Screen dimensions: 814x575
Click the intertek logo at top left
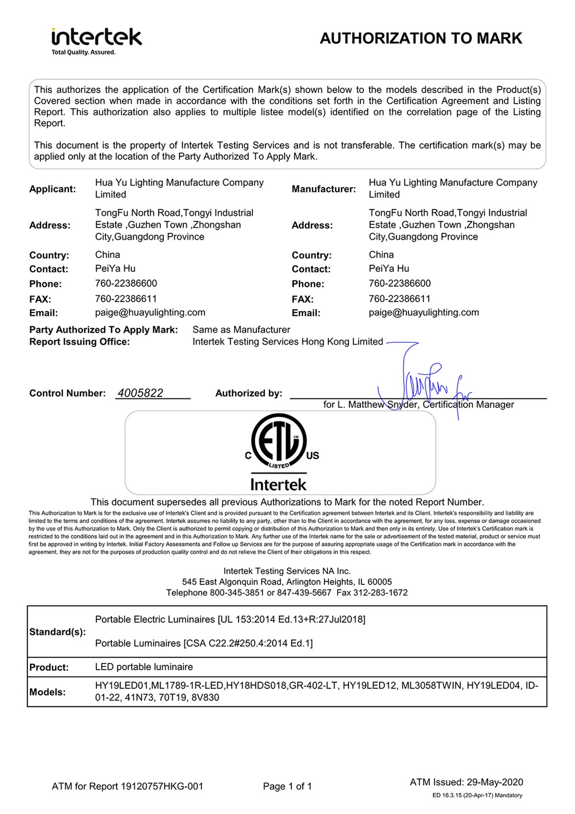pyautogui.click(x=96, y=37)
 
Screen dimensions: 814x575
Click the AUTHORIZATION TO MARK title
pyautogui.click(x=421, y=38)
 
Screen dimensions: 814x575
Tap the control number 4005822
pyautogui.click(x=140, y=393)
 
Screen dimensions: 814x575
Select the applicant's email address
pyautogui.click(x=150, y=313)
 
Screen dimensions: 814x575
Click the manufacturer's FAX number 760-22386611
pyautogui.click(x=400, y=299)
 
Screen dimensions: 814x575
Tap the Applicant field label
pyautogui.click(x=53, y=189)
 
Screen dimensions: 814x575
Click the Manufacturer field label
pyautogui.click(x=324, y=189)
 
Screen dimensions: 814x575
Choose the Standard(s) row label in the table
pyautogui.click(x=57, y=632)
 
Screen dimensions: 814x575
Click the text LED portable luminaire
pyautogui.click(x=144, y=667)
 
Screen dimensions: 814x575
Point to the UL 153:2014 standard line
pyautogui.click(x=230, y=620)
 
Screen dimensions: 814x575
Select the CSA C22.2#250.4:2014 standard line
pyautogui.click(x=204, y=644)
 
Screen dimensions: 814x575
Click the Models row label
pyautogui.click(x=47, y=692)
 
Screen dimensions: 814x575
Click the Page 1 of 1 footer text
pyautogui.click(x=287, y=786)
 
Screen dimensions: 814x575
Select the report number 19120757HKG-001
pyautogui.click(x=162, y=786)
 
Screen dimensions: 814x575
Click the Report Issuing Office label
pyautogui.click(x=80, y=342)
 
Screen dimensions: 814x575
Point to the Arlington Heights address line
pyautogui.click(x=287, y=582)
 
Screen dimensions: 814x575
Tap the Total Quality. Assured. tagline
pyautogui.click(x=83, y=52)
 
